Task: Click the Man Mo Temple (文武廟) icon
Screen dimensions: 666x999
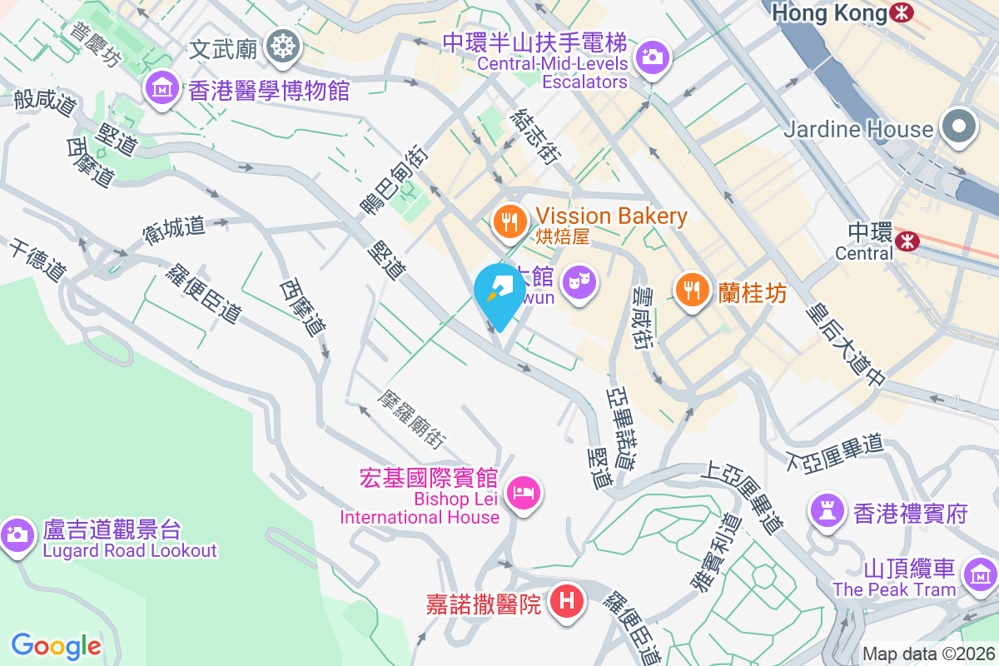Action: click(284, 46)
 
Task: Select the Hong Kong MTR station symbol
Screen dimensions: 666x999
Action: click(901, 13)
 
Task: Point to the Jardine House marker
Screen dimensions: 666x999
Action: click(959, 127)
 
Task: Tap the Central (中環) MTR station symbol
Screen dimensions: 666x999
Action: click(907, 241)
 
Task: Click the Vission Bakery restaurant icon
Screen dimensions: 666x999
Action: click(509, 221)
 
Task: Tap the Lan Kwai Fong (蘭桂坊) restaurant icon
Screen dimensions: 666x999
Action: click(691, 291)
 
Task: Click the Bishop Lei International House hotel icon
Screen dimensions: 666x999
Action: click(524, 494)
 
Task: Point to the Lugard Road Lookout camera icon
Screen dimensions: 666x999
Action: click(16, 534)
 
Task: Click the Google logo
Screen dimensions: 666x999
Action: click(56, 645)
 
